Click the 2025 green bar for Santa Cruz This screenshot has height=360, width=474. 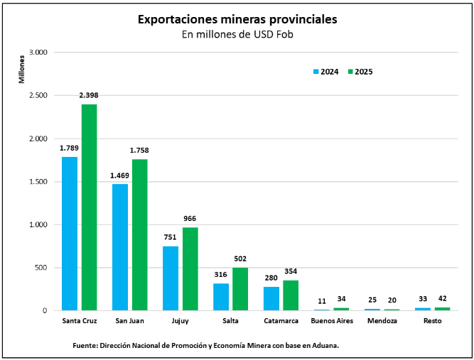click(89, 207)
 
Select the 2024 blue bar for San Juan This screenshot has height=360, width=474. click(120, 247)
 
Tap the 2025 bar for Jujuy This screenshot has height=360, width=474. click(190, 268)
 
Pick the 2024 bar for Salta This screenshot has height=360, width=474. click(221, 297)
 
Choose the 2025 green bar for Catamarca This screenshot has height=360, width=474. click(291, 295)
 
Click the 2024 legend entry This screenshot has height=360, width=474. click(325, 72)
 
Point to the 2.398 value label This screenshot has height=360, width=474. click(89, 95)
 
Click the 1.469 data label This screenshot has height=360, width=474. click(120, 175)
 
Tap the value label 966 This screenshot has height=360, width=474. click(190, 219)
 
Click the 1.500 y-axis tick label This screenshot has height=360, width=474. click(37, 182)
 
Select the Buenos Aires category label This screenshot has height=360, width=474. click(332, 322)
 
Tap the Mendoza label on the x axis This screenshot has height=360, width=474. click(382, 322)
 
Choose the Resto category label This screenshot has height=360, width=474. click(432, 322)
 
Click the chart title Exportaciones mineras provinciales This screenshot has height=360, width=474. click(237, 19)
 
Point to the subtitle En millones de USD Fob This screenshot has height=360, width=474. click(237, 34)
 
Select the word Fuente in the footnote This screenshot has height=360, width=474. click(84, 346)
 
